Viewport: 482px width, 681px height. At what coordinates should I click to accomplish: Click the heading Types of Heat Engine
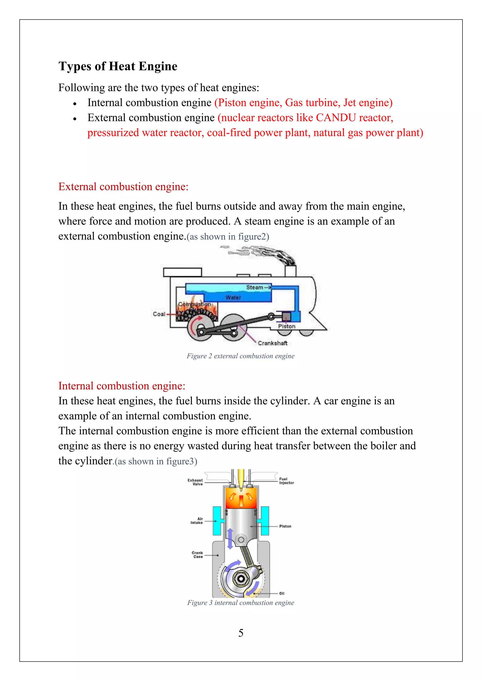pos(118,66)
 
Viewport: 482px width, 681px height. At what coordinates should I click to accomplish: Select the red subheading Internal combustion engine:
pos(122,386)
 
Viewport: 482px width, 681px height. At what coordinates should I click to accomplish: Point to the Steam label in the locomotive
pos(255,287)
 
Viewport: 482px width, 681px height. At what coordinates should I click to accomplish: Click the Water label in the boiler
pos(233,297)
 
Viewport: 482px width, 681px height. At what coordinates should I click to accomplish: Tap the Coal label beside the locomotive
pos(159,314)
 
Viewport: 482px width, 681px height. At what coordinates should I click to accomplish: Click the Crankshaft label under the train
pos(273,343)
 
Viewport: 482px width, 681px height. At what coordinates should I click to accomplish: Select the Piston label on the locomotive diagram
pos(287,326)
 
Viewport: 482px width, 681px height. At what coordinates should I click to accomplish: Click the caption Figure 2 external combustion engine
pos(240,356)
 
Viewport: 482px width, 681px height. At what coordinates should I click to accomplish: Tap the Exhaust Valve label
pos(195,482)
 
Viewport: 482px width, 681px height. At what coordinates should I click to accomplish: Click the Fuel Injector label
pos(286,481)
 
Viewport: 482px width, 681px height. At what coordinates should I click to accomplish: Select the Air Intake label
pos(197,521)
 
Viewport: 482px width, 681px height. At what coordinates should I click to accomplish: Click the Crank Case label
pos(197,555)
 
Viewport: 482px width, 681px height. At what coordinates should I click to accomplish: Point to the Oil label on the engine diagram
pos(282,594)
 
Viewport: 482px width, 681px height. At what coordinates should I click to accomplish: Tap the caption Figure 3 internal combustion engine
pos(240,603)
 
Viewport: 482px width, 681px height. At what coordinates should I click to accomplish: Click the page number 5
pos(241,633)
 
